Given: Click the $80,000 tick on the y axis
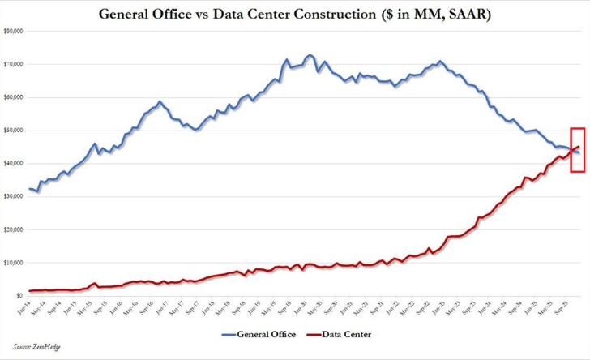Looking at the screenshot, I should [12, 31].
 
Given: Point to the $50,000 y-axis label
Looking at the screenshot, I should [12, 131].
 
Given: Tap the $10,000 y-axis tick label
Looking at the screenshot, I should [12, 263].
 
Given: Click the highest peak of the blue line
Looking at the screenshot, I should [310, 55].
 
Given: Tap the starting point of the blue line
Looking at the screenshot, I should [29, 188].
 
